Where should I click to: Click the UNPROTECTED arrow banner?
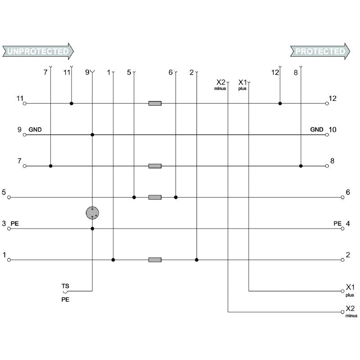click(38, 51)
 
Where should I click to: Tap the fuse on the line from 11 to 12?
click(155, 103)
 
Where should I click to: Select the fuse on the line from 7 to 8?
click(155, 166)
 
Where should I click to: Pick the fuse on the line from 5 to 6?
click(155, 197)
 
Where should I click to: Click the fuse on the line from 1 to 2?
click(155, 260)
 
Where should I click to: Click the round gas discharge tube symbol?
click(92, 213)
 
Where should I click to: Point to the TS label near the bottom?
click(65, 286)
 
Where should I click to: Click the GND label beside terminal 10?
click(317, 130)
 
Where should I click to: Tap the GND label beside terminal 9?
click(35, 130)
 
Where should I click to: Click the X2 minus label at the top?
click(220, 84)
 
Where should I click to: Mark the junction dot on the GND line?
click(92, 135)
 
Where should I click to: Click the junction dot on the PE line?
click(92, 229)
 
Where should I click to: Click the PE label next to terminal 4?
click(337, 223)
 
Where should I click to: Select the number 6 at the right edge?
click(348, 192)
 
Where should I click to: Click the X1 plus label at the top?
click(243, 84)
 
